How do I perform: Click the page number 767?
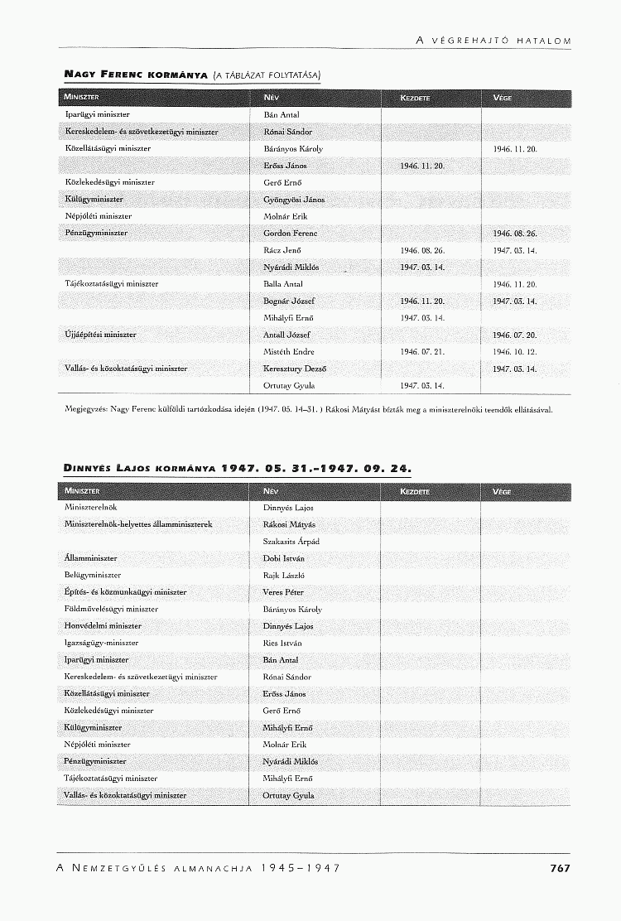560,868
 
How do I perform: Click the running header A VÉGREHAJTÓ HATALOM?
493,41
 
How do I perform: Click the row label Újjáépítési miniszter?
100,335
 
